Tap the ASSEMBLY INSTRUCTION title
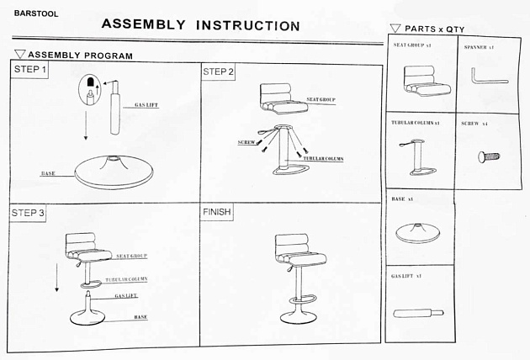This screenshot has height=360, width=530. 200,24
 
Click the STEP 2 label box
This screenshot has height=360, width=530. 219,71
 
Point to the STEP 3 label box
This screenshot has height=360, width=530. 29,213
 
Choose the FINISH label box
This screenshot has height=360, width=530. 217,212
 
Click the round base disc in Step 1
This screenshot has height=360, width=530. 114,173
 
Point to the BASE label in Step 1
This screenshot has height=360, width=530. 48,174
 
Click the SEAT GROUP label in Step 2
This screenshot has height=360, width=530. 321,99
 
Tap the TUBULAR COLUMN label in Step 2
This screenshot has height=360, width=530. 323,159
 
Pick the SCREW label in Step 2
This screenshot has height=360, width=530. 246,143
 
